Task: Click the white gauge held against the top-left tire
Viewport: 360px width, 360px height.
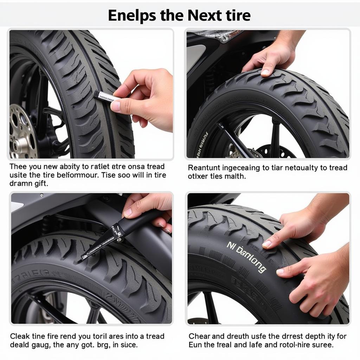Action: [105, 96]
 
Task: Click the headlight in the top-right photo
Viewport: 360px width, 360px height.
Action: [220, 35]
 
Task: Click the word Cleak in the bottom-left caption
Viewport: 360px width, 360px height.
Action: [20, 336]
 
